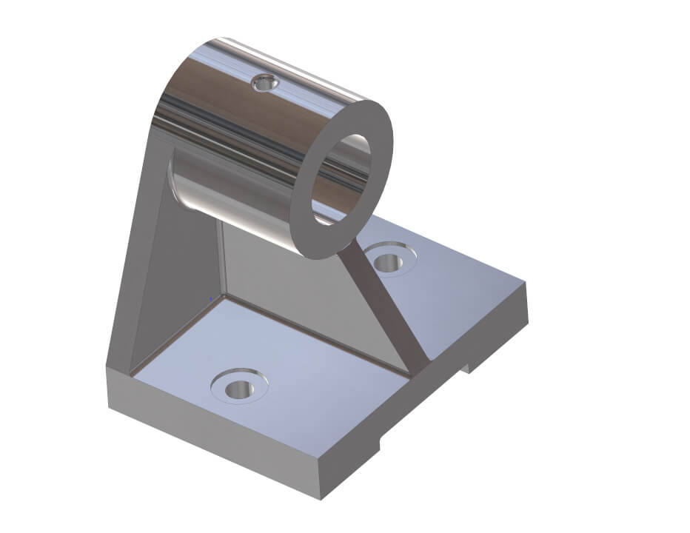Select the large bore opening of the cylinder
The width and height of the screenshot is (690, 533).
point(341,178)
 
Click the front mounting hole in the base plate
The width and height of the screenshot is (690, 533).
point(239,387)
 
